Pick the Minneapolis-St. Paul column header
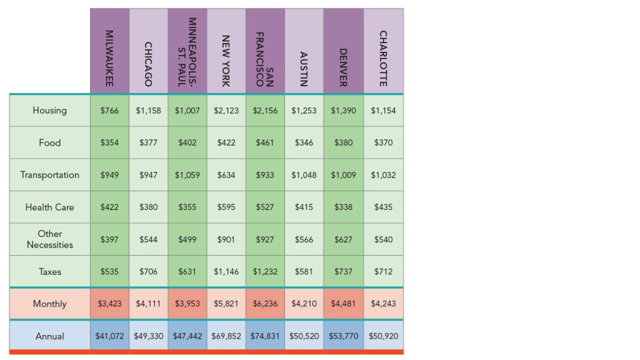click(x=187, y=52)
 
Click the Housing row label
click(x=49, y=111)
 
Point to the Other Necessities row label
click(x=49, y=239)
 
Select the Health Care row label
click(x=49, y=207)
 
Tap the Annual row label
click(x=49, y=336)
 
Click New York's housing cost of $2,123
click(x=226, y=111)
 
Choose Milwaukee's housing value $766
click(x=109, y=111)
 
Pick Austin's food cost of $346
click(x=304, y=143)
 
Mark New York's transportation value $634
click(x=226, y=175)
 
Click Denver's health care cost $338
click(x=343, y=207)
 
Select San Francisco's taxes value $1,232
click(x=265, y=272)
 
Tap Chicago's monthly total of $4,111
click(x=149, y=304)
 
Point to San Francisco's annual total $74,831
click(x=265, y=336)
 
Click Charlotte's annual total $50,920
click(x=383, y=336)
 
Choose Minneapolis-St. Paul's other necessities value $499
click(x=187, y=239)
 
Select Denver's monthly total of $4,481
click(x=343, y=304)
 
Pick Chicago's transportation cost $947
click(x=149, y=175)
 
